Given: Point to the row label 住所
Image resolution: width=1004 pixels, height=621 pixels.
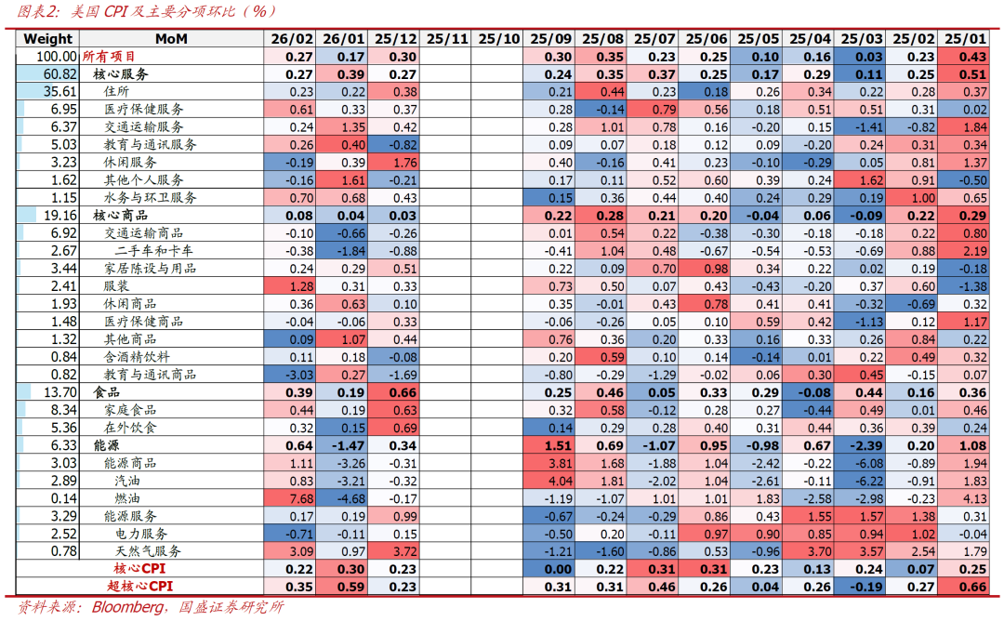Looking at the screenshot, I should coord(116,91).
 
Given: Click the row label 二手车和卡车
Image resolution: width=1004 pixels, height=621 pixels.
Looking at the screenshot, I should coord(154,250).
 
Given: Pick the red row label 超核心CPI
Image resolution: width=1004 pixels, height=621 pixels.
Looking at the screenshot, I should coord(141,587).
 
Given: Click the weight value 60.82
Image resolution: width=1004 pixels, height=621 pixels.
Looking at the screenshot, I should coord(59,73).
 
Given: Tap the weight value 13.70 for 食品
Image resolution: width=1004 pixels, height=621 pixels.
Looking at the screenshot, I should coord(59,392).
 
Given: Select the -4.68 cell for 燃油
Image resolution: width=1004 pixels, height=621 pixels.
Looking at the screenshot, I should coord(344,498).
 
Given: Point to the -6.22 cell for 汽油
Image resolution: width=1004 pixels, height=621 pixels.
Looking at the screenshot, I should coord(862,481).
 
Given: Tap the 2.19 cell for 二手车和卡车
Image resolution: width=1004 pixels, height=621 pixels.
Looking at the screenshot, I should coord(966,250).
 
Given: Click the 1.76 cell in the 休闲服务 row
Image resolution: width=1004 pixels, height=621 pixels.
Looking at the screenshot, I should coord(396,162).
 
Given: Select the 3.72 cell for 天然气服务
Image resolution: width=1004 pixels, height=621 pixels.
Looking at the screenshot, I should coord(396,551).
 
